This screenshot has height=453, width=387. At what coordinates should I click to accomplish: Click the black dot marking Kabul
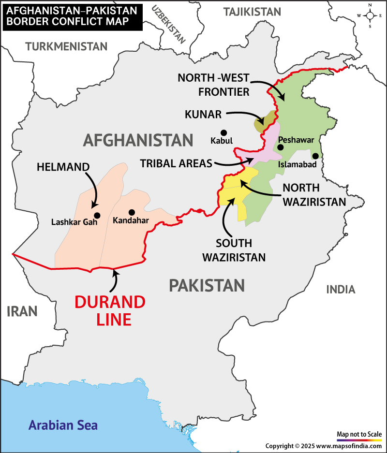click(223, 132)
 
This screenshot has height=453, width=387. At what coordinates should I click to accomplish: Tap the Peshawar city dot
click(280, 147)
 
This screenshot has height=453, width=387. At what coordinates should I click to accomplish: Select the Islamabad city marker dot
click(315, 156)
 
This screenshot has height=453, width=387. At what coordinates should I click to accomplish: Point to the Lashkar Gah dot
click(97, 215)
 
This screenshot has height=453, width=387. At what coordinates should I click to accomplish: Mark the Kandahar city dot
click(131, 212)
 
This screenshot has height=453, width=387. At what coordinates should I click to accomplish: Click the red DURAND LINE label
click(110, 310)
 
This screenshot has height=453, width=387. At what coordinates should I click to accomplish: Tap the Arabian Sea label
click(63, 425)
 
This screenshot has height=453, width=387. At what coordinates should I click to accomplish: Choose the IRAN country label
click(22, 311)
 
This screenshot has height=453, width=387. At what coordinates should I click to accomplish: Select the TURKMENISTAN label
click(66, 46)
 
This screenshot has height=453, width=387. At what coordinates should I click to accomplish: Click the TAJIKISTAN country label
click(252, 12)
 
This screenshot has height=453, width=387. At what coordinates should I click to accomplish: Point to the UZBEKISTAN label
click(169, 24)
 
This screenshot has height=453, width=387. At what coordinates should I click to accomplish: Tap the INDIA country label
click(341, 290)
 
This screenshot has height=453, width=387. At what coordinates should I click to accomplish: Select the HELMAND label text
click(63, 167)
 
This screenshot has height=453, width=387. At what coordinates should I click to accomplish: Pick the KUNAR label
click(203, 115)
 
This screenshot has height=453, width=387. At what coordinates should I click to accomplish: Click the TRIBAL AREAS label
click(176, 163)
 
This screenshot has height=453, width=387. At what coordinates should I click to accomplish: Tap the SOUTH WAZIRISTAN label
click(234, 250)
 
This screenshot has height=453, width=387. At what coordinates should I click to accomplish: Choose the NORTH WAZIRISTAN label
click(314, 194)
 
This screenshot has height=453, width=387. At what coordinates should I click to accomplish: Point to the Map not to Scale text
click(359, 434)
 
